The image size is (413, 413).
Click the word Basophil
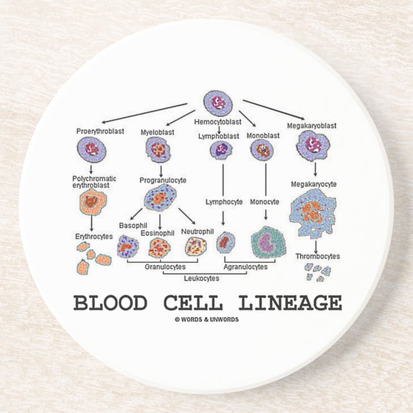(133, 226)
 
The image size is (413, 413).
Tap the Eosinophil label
(157, 233)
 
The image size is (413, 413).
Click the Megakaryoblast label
(312, 126)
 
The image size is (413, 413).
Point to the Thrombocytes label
(317, 256)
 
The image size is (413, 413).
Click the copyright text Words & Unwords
(206, 319)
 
